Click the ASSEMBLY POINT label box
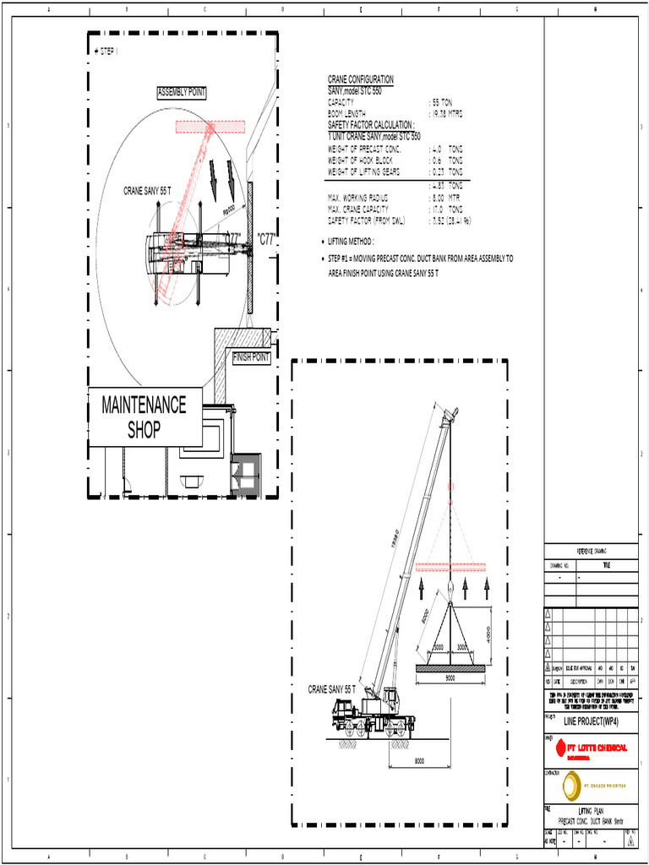click(x=182, y=92)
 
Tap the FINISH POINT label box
click(x=252, y=358)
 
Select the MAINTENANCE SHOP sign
click(x=145, y=417)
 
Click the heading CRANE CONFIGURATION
click(x=361, y=79)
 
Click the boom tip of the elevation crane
click(x=451, y=413)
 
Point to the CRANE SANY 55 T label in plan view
click(x=147, y=191)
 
